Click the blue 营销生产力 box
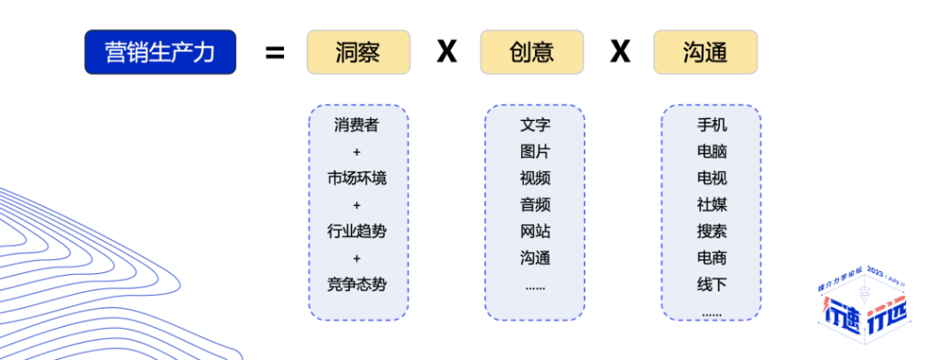(x=160, y=52)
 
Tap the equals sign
(x=275, y=52)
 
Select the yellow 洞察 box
(x=358, y=52)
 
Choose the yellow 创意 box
(x=532, y=52)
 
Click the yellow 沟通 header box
(x=705, y=52)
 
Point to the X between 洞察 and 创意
(x=446, y=52)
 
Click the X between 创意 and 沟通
(x=620, y=52)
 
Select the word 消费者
(x=357, y=125)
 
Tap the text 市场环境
(x=357, y=178)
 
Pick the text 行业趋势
(x=357, y=231)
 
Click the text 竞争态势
(x=357, y=284)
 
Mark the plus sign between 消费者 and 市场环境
(x=357, y=152)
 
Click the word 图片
(x=535, y=152)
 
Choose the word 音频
(x=535, y=204)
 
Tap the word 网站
(x=535, y=231)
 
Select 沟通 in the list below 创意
(x=535, y=257)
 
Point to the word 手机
(x=712, y=125)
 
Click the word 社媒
(x=712, y=204)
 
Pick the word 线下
(x=712, y=284)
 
